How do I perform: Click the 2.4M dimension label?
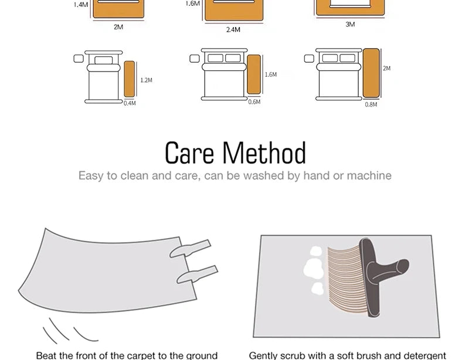[233, 30]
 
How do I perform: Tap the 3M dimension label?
[350, 24]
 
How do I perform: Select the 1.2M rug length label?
[146, 80]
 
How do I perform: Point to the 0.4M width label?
[130, 103]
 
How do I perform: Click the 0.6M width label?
[254, 102]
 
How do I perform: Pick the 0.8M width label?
[371, 104]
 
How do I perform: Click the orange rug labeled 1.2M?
[129, 79]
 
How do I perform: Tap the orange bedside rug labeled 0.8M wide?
[371, 73]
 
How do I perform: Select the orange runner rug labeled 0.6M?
[254, 74]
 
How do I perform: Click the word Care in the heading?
[189, 153]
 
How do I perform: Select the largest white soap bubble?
[314, 268]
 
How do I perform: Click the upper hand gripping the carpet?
[190, 249]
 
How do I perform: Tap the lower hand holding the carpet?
[197, 274]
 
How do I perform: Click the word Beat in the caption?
[46, 355]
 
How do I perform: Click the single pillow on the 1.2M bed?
[104, 60]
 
